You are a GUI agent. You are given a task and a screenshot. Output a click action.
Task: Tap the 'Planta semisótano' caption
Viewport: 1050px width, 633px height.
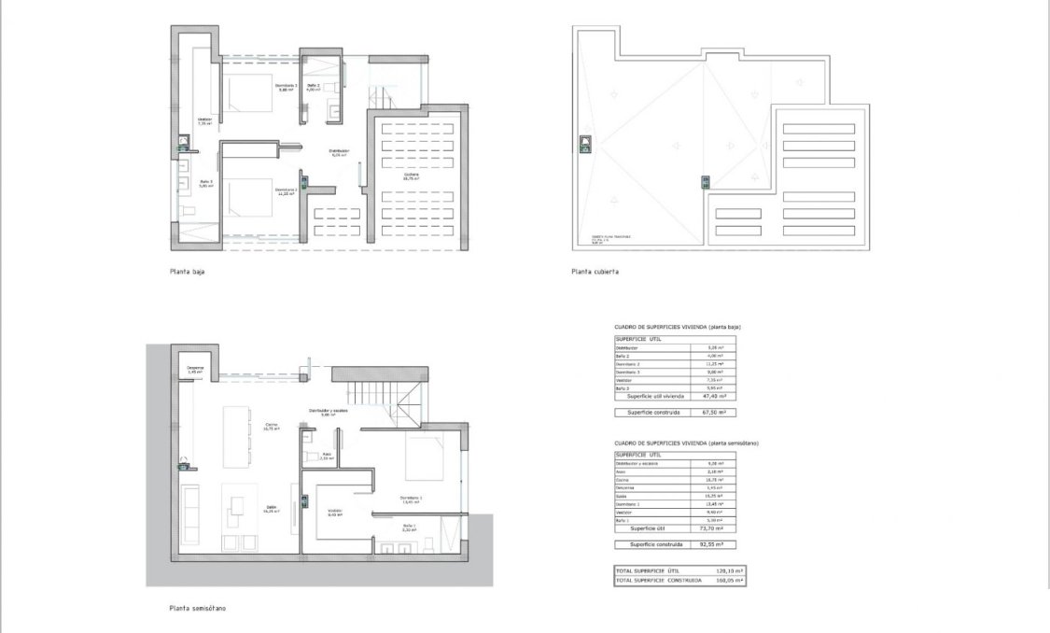pyautogui.click(x=197, y=608)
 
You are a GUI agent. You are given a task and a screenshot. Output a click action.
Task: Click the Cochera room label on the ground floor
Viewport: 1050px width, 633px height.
pyautogui.click(x=411, y=176)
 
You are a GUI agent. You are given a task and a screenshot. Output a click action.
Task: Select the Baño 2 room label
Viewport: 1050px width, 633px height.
pyautogui.click(x=313, y=87)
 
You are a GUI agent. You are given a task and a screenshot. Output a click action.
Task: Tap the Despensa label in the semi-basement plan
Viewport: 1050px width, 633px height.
pyautogui.click(x=195, y=370)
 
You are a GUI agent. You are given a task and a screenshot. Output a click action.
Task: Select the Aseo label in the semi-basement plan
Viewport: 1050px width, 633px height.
pyautogui.click(x=326, y=457)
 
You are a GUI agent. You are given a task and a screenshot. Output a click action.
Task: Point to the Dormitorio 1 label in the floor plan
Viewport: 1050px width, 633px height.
pyautogui.click(x=411, y=499)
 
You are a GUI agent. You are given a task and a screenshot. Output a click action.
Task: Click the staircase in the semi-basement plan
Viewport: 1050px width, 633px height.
pyautogui.click(x=378, y=396)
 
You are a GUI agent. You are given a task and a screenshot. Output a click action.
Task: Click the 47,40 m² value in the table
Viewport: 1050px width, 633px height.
pyautogui.click(x=714, y=396)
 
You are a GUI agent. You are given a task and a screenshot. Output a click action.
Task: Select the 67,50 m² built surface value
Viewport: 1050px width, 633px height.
pyautogui.click(x=714, y=412)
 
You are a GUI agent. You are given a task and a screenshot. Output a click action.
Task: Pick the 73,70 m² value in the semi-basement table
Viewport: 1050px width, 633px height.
pyautogui.click(x=714, y=527)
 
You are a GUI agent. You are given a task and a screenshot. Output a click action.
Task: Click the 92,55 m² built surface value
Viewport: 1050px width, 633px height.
pyautogui.click(x=714, y=543)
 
